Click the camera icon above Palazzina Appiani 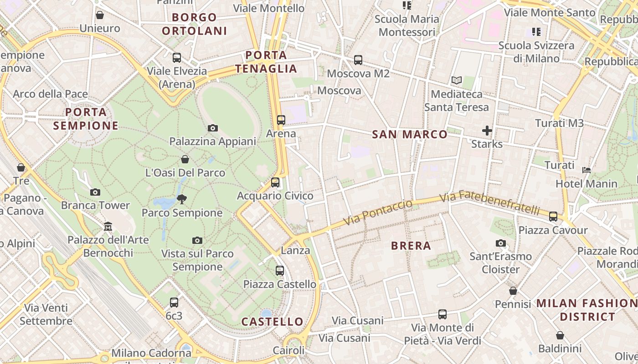pyautogui.click(x=212, y=128)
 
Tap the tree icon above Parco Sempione pyautogui.click(x=182, y=199)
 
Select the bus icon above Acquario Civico pyautogui.click(x=275, y=182)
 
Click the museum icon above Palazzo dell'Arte pyautogui.click(x=108, y=226)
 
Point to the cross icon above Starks pyautogui.click(x=487, y=131)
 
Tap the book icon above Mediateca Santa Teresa pyautogui.click(x=457, y=81)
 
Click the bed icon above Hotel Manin pyautogui.click(x=587, y=170)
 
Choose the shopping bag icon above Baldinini pyautogui.click(x=560, y=335)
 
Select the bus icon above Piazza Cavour pyautogui.click(x=553, y=217)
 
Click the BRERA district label pyautogui.click(x=411, y=246)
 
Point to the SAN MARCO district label pyautogui.click(x=410, y=134)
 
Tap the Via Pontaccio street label pyautogui.click(x=378, y=212)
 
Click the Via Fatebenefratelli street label pyautogui.click(x=490, y=203)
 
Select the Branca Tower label pyautogui.click(x=95, y=205)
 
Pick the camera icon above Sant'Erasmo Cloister pyautogui.click(x=501, y=243)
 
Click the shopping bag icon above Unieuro pyautogui.click(x=100, y=15)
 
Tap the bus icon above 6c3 pyautogui.click(x=174, y=302)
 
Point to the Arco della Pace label pyautogui.click(x=50, y=94)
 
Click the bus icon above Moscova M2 pyautogui.click(x=358, y=60)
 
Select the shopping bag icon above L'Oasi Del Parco pyautogui.click(x=185, y=159)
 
